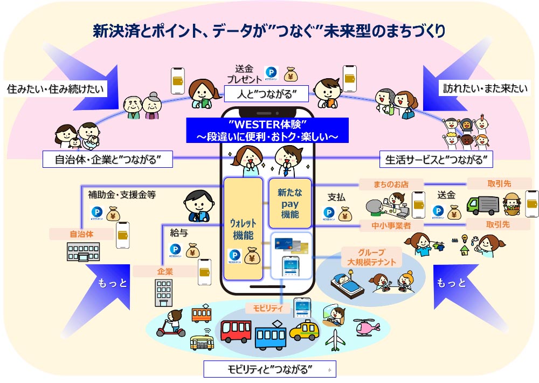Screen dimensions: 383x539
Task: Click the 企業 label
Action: tap(164, 272)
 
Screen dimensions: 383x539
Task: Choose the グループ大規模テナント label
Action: tap(371, 257)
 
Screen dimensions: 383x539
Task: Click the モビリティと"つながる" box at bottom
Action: tap(269, 370)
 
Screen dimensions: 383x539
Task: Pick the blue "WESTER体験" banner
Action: tap(268, 131)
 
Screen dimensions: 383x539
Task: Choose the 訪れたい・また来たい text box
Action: tap(481, 87)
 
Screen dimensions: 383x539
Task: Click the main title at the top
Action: tap(269, 31)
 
